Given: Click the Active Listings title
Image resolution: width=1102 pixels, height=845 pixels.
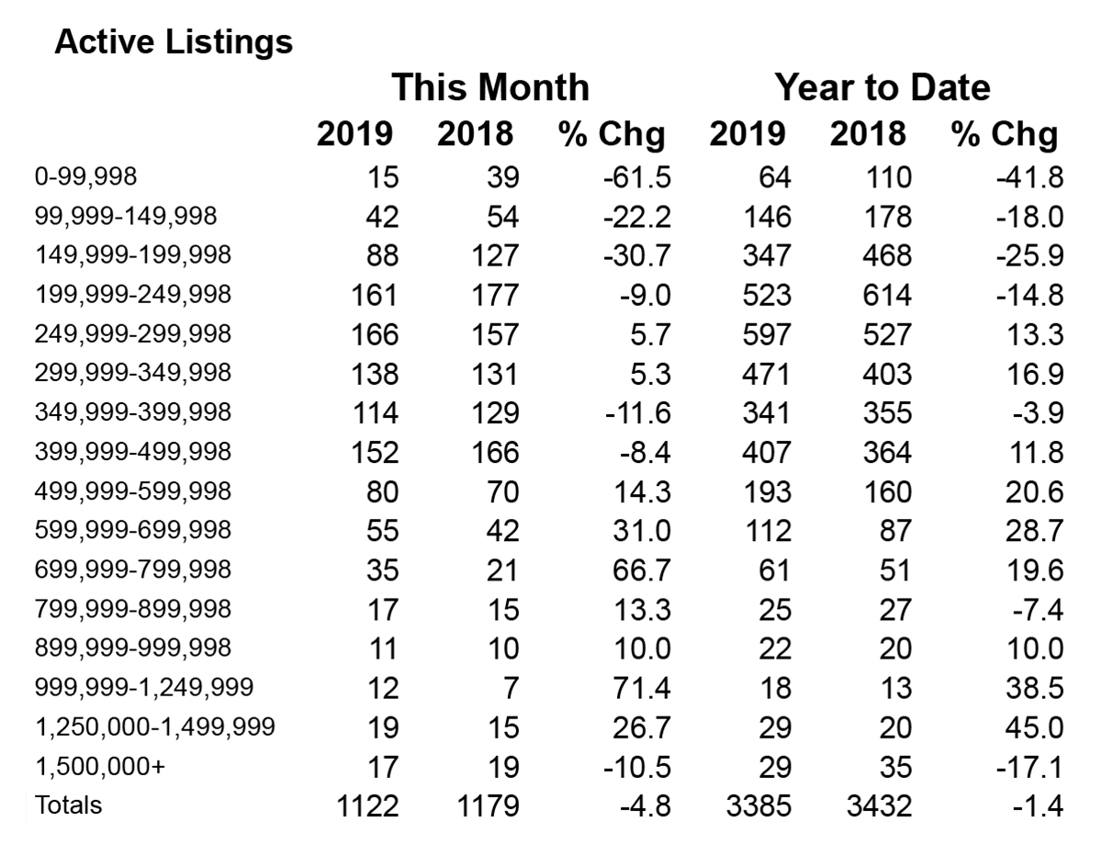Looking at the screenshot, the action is click(x=174, y=42).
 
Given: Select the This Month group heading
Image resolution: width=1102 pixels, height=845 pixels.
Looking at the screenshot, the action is click(x=490, y=87).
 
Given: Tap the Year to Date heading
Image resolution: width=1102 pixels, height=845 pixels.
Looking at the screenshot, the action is click(x=883, y=87).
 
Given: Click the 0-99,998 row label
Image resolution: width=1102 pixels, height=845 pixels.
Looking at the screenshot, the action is click(x=85, y=177).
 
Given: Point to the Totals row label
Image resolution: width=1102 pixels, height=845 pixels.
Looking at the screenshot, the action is click(x=69, y=805).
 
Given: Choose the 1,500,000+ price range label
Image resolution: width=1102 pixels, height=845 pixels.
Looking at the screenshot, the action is click(x=100, y=766).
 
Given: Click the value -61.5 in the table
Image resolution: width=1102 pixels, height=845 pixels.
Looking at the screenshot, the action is click(x=637, y=177).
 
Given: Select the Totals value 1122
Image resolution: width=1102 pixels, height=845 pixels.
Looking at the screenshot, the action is click(x=367, y=806).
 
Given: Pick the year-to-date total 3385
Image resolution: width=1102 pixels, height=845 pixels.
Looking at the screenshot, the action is click(x=759, y=806).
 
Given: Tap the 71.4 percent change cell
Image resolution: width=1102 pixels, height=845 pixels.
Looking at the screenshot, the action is click(x=642, y=688).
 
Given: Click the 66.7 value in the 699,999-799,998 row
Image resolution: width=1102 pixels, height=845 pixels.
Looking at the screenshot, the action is click(x=642, y=569).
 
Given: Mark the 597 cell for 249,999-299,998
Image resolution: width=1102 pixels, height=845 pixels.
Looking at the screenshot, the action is click(x=767, y=334).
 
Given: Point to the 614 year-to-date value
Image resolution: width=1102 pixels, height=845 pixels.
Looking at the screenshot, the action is click(x=887, y=295).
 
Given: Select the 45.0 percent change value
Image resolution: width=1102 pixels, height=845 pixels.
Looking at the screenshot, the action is click(x=1034, y=727).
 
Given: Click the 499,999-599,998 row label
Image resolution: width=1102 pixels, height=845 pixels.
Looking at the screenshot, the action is click(x=133, y=491).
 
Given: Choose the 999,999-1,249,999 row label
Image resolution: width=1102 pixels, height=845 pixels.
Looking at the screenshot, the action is click(x=144, y=688).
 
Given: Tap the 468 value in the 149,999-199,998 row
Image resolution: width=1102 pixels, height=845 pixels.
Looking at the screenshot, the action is click(x=887, y=255).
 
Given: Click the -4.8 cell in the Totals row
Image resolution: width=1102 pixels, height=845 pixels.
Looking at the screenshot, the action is click(x=645, y=806).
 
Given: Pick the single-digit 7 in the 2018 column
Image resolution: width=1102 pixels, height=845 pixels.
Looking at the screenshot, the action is click(x=511, y=688).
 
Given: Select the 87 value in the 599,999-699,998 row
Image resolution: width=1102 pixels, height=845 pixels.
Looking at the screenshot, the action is click(x=895, y=531).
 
